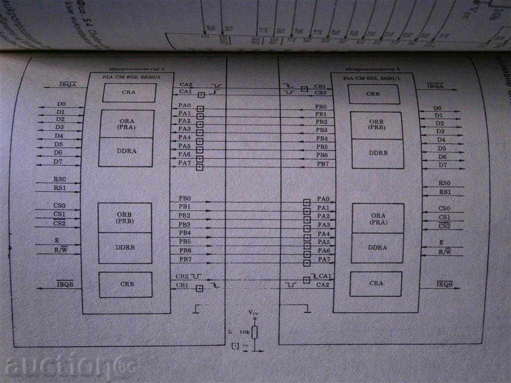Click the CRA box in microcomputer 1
(x=129, y=92)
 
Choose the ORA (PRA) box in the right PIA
(x=377, y=218)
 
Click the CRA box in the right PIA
(x=376, y=283)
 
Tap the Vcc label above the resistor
(x=254, y=313)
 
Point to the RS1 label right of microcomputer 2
(x=444, y=192)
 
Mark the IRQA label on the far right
(x=436, y=86)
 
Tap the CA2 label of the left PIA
(x=185, y=85)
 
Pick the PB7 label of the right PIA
(x=322, y=164)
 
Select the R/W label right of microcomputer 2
(x=444, y=252)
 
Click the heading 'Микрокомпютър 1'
(x=130, y=69)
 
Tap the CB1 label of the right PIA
(x=320, y=86)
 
